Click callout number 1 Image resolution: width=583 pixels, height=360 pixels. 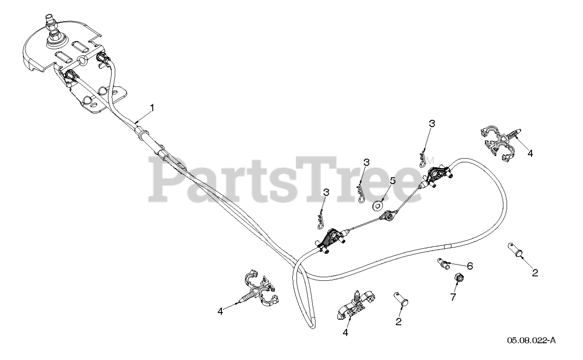tap(152, 108)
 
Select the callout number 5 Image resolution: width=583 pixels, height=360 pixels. tap(392, 180)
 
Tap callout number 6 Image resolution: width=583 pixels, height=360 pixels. tap(470, 266)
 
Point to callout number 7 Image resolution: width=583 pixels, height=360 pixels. tap(453, 297)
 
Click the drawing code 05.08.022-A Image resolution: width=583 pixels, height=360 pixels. tap(532, 340)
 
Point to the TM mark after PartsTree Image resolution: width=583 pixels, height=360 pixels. tap(430, 161)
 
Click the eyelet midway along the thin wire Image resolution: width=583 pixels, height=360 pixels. tap(389, 216)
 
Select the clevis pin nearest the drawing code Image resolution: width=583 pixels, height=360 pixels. tap(516, 251)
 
